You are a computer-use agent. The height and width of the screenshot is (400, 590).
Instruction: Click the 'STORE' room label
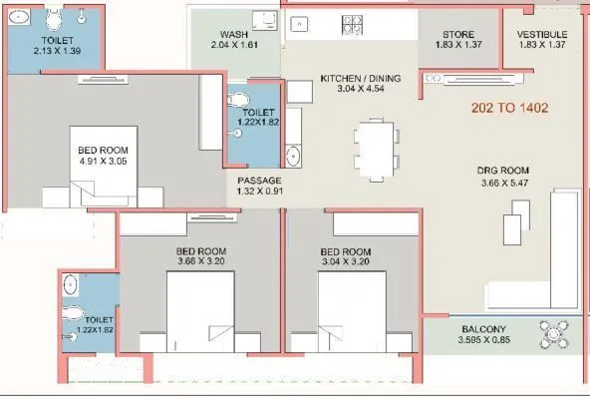458,35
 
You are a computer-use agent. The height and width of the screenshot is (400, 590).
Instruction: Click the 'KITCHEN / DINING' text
360,77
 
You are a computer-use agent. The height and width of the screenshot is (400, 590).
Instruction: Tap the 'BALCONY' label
484,329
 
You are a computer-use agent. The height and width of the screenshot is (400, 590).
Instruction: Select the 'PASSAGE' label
259,181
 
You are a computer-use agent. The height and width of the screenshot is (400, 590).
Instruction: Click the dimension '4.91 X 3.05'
103,162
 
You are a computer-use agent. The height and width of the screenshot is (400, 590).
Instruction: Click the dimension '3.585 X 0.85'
484,341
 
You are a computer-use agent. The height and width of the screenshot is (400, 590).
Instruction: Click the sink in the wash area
263,21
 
